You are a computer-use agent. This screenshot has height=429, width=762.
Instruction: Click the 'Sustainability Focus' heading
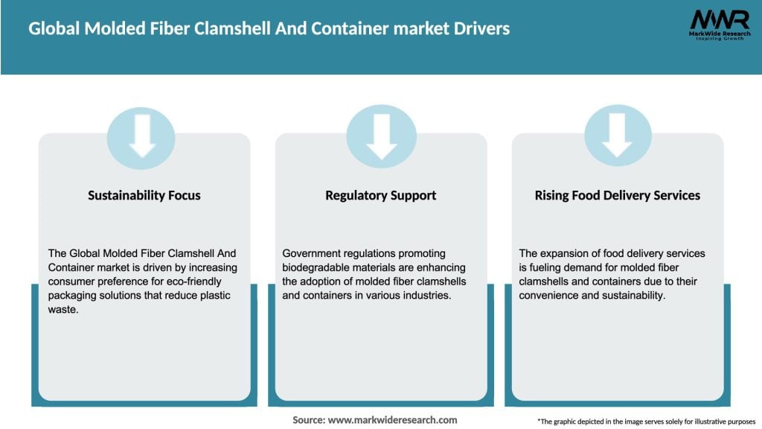144,195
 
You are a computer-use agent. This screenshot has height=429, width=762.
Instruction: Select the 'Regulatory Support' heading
380,195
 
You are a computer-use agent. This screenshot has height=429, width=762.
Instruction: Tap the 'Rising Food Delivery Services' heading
617,195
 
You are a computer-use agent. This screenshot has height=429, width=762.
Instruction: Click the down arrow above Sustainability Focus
142,135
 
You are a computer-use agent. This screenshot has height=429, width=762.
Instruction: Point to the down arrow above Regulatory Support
381,135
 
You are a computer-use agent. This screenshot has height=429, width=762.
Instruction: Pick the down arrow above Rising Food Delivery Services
617,135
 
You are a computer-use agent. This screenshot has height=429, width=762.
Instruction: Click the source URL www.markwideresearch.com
392,420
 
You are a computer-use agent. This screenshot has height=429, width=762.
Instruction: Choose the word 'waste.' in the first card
64,310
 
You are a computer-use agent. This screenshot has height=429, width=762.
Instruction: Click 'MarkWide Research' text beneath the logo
719,34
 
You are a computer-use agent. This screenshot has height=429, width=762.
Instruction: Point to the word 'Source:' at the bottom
308,420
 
